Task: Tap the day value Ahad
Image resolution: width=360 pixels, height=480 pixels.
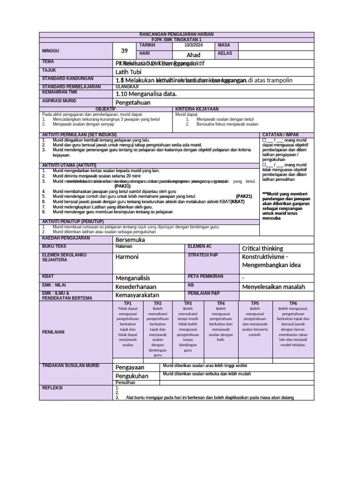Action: pyautogui.click(x=193, y=55)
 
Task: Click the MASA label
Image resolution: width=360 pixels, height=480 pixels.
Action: pyautogui.click(x=224, y=45)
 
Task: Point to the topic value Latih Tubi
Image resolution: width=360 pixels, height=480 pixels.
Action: pyautogui.click(x=128, y=72)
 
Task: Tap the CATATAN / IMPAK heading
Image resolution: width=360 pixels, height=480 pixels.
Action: pyautogui.click(x=281, y=135)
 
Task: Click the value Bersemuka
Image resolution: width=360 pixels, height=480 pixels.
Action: pyautogui.click(x=130, y=240)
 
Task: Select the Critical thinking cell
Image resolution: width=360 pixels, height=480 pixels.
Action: pyautogui.click(x=262, y=248)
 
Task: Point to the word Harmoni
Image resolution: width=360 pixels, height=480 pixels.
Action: pyautogui.click(x=127, y=257)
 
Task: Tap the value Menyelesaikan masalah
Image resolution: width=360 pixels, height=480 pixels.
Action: pyautogui.click(x=273, y=286)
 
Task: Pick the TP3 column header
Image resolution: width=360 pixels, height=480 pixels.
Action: pyautogui.click(x=188, y=304)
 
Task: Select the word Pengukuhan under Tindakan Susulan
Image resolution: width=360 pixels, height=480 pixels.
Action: pyautogui.click(x=132, y=376)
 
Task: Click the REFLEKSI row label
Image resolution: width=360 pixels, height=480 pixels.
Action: pyautogui.click(x=52, y=388)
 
